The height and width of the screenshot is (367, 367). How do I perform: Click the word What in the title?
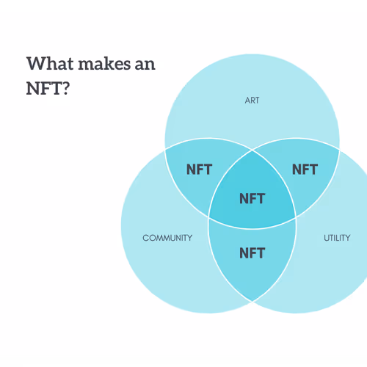pos(50,64)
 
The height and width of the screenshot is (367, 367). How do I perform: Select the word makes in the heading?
pos(104,64)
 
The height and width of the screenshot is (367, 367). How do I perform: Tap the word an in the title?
pos(145,65)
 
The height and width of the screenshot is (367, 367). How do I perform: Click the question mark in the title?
pos(66,88)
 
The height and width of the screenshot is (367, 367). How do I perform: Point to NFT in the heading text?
pos(44,88)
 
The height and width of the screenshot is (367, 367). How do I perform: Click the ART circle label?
pos(252,101)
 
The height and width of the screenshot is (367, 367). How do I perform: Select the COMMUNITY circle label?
pos(167,238)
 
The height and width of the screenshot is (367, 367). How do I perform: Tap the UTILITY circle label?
pos(337,238)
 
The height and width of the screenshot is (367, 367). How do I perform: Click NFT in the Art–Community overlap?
pos(199,170)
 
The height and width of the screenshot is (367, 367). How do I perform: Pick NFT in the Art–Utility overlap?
pos(305,170)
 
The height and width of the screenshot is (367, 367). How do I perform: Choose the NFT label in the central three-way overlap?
pos(252,198)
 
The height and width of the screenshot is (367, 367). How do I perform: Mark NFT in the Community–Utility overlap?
pos(252,253)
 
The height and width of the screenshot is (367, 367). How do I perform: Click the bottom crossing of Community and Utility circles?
pos(252,301)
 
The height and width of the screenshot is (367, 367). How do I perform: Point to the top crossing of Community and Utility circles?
pos(252,150)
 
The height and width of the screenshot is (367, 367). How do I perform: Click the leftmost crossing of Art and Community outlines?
pos(165,149)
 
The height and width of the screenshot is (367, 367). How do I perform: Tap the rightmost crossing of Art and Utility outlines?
pos(339,149)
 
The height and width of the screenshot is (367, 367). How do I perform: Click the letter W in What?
pos(34,64)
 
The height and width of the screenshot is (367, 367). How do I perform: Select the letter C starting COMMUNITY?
pos(146,238)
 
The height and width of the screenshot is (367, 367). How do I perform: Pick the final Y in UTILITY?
pos(347,238)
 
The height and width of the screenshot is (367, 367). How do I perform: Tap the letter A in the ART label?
pos(247,101)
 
